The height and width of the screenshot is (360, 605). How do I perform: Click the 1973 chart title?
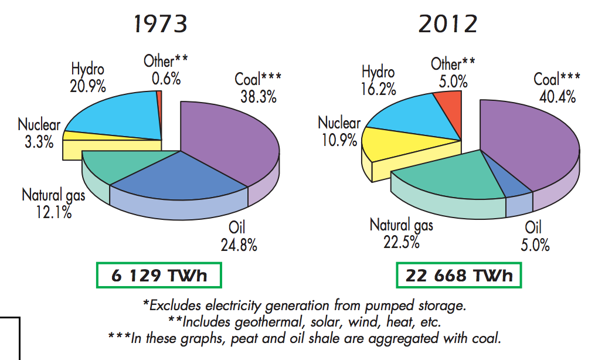point(161,24)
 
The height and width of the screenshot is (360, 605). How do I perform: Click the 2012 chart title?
point(448,24)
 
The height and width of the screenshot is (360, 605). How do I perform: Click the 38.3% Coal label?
point(256,88)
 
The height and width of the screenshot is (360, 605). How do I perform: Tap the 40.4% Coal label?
point(557,87)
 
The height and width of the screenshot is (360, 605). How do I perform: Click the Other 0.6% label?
point(166,70)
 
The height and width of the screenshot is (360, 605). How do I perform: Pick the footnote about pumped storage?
point(305,305)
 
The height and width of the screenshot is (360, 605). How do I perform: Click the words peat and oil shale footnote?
point(304,338)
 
